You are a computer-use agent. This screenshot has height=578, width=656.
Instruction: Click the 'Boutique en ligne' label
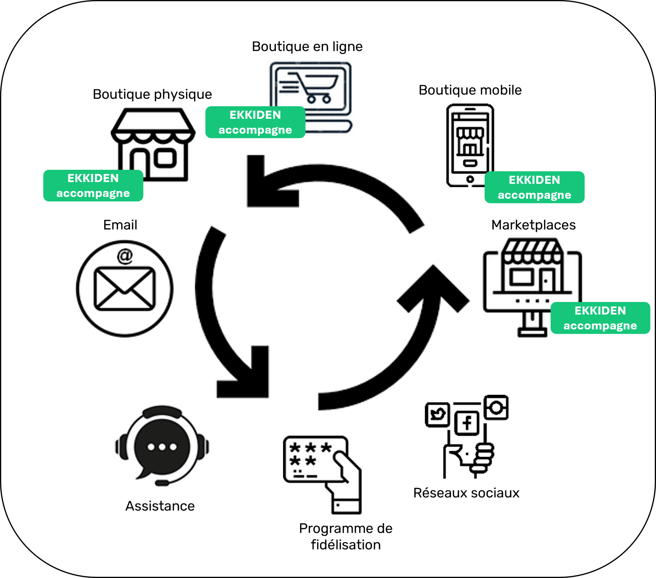[x=307, y=47]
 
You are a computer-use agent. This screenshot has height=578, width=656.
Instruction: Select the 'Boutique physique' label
[x=152, y=94]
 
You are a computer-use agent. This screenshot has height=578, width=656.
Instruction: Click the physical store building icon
[x=153, y=144]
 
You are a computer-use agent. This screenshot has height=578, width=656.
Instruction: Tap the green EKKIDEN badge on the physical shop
[x=93, y=186]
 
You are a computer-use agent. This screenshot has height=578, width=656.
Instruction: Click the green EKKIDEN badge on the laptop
[x=255, y=122]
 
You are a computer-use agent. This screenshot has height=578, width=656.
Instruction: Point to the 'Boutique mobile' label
[x=470, y=90]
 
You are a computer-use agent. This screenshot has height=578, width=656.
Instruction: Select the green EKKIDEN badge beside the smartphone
[x=534, y=187]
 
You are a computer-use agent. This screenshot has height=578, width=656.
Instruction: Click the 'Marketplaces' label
[x=533, y=225]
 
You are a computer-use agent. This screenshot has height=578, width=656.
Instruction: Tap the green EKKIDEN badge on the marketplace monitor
[x=600, y=318]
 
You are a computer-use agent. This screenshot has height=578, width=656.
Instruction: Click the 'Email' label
[x=120, y=225]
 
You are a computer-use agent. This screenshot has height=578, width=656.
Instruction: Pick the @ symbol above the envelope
[x=125, y=256]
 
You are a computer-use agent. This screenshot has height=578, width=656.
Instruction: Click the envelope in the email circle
[x=125, y=289]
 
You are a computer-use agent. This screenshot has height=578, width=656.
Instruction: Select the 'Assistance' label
[x=160, y=506]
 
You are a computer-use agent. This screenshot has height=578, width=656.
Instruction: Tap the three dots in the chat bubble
[x=162, y=447]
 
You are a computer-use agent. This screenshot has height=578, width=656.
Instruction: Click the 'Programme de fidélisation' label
[x=346, y=537]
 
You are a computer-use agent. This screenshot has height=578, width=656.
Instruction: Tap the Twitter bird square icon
[x=438, y=414]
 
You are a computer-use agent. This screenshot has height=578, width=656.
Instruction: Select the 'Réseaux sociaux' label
[x=466, y=493]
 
